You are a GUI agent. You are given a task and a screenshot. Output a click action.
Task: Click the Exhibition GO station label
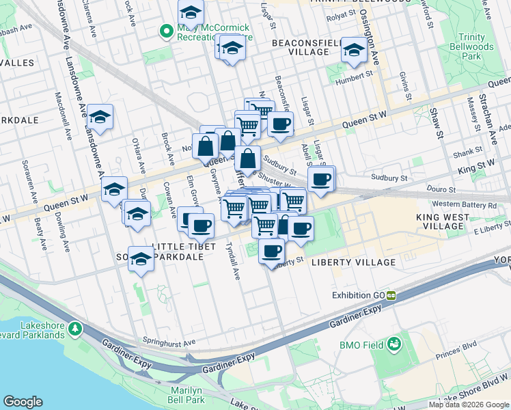pyautogui.click(x=359, y=295)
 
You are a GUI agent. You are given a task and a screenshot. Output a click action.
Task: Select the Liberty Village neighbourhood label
pyautogui.click(x=353, y=262)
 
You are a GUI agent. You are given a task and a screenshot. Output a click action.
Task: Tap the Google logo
pyautogui.click(x=23, y=402)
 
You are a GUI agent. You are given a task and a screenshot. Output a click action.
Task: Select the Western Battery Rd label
pyautogui.click(x=464, y=204)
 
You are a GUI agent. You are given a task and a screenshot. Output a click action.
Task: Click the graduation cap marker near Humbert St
pyautogui.click(x=354, y=50)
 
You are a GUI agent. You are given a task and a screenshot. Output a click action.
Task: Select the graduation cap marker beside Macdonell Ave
pyautogui.click(x=100, y=117)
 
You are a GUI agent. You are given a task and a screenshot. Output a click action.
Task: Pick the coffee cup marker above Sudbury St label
pyautogui.click(x=279, y=124)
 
